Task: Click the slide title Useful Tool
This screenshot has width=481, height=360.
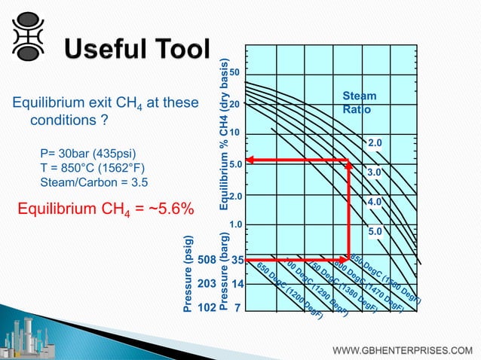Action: [x=136, y=51]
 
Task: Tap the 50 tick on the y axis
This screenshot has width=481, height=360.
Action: [x=235, y=73]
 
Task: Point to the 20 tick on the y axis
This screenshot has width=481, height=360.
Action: [x=235, y=105]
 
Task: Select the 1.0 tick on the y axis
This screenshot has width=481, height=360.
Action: [x=235, y=224]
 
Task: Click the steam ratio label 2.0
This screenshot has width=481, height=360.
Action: [x=375, y=142]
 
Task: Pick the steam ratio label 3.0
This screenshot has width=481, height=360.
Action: [x=375, y=172]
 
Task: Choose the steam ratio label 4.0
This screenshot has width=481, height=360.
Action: [x=375, y=202]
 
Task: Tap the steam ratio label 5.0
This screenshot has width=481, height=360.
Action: [x=375, y=231]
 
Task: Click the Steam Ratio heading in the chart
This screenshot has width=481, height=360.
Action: [x=359, y=103]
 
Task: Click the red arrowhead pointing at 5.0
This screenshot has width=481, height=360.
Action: [x=252, y=160]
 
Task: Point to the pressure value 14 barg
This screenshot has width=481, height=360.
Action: [x=237, y=285]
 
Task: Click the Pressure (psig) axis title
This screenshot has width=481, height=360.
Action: [x=188, y=271]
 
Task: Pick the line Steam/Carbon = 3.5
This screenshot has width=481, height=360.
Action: [x=93, y=182]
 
